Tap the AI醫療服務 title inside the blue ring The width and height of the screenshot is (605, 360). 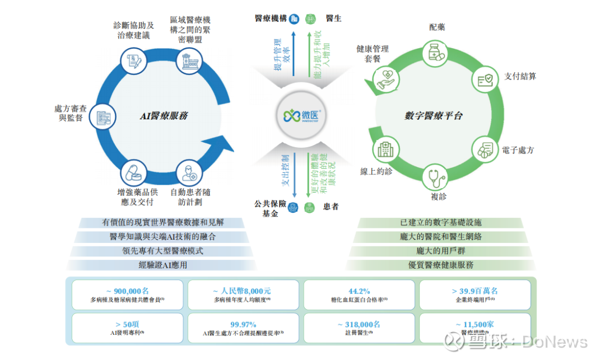164,116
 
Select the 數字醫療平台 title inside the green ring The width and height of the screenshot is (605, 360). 434,116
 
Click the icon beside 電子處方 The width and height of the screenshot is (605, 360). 485,149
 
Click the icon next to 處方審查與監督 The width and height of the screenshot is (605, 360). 104,116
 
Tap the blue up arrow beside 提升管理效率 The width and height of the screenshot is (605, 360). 292,54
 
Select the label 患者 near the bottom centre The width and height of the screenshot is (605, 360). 331,207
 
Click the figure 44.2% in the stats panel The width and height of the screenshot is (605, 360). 359,291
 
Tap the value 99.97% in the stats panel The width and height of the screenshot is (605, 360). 243,324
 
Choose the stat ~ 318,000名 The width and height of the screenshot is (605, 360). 359,324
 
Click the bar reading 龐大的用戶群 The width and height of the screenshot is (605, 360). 441,251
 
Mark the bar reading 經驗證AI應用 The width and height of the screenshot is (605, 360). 163,265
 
